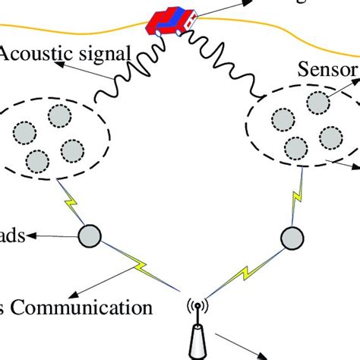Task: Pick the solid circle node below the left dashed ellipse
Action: [x=90, y=235]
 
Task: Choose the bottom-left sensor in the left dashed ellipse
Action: [x=36, y=160]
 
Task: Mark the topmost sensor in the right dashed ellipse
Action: [x=283, y=120]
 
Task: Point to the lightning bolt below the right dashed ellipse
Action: [x=296, y=203]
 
